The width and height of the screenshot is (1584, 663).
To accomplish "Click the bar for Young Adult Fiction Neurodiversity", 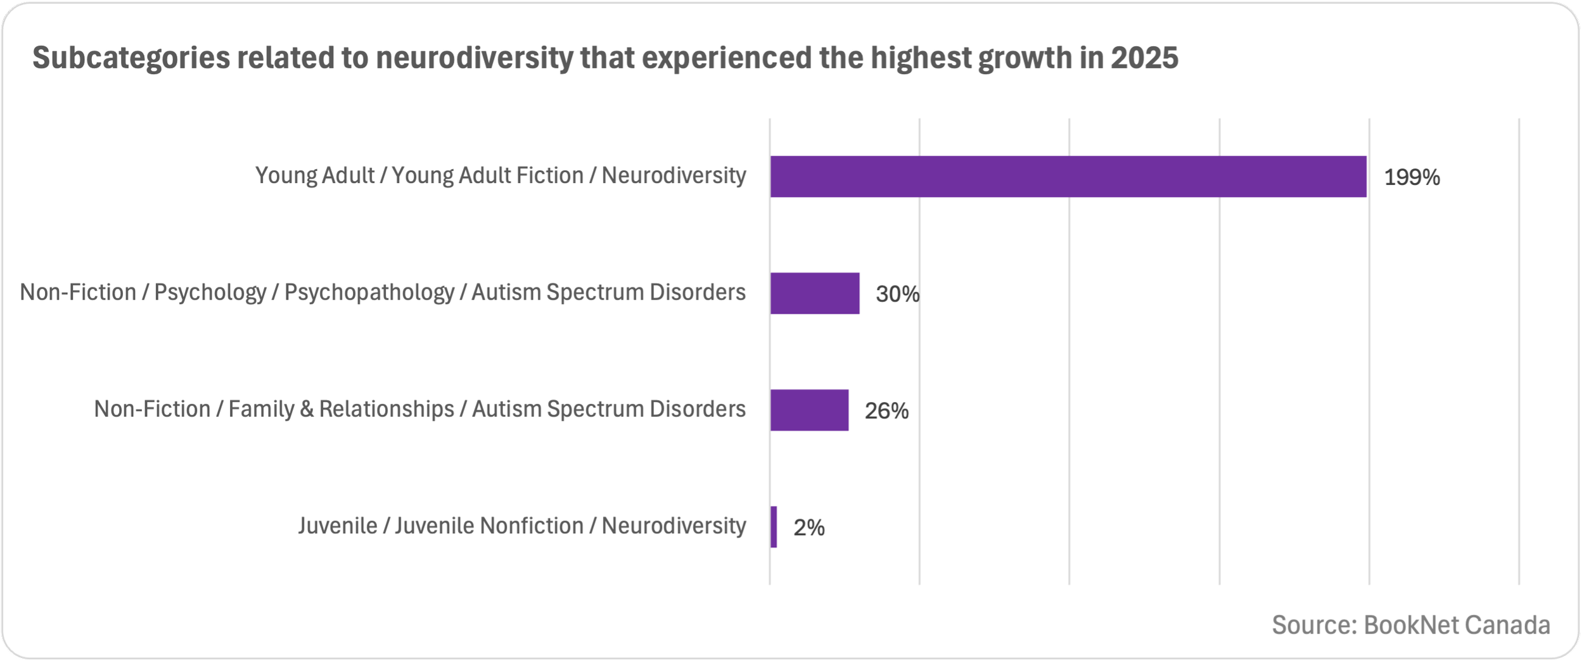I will [1068, 176].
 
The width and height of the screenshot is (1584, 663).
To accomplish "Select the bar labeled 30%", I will [814, 293].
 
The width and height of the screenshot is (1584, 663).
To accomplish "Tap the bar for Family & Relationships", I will [809, 410].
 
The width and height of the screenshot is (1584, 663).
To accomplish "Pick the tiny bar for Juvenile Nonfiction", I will [774, 527].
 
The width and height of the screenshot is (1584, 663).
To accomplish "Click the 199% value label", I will [1412, 177].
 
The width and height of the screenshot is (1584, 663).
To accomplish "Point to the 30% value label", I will [897, 294].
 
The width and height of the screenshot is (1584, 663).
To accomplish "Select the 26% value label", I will [886, 411].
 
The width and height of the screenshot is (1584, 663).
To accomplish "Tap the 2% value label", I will [809, 527].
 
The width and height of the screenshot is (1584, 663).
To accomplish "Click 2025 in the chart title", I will [1144, 58].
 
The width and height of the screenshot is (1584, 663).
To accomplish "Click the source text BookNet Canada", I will [1457, 625].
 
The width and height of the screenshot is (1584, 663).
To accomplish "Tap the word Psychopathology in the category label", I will [369, 292].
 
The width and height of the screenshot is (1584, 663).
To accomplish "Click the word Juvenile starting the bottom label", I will [338, 526].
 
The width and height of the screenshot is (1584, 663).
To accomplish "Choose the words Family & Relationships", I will [342, 409].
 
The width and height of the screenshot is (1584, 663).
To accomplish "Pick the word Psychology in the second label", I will [210, 292].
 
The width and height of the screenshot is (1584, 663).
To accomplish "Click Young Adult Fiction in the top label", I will [487, 175].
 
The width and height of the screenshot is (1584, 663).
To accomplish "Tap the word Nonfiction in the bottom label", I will [532, 526].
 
